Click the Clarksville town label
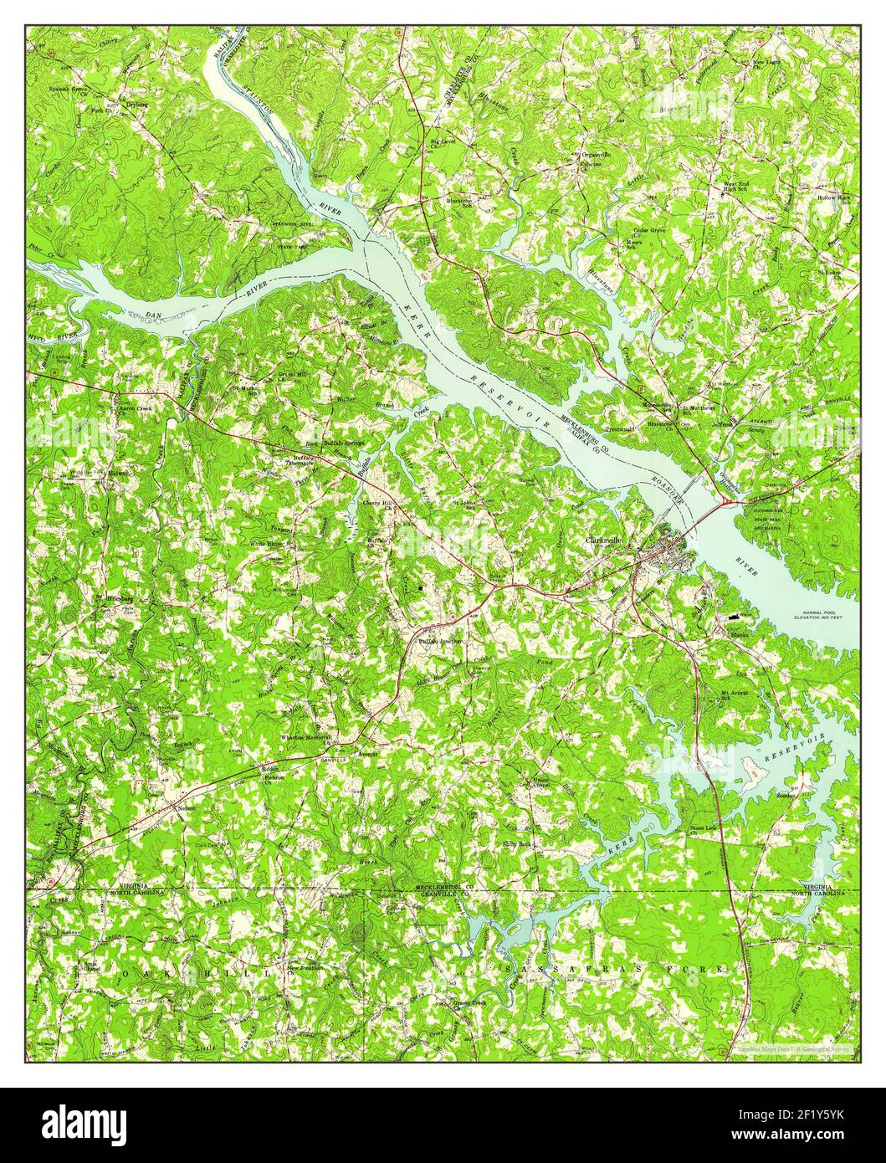coord(604,541)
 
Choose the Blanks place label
coord(737,633)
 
